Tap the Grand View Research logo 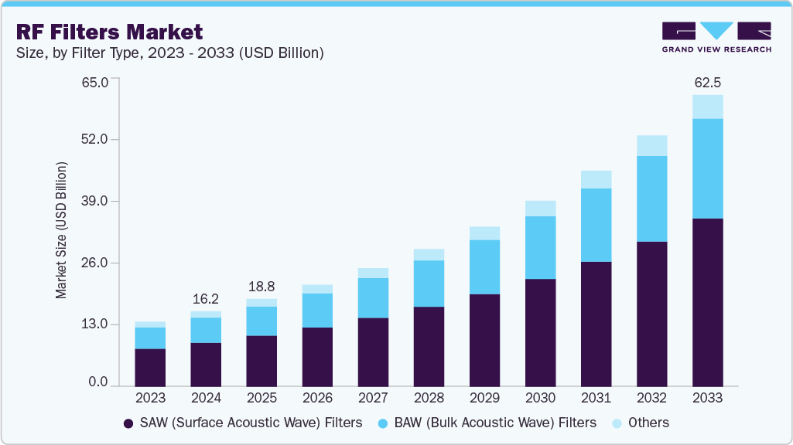(716, 37)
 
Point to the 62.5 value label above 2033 (707, 82)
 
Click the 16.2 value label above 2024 (206, 298)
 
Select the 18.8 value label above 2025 (261, 286)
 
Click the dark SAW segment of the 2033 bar (707, 302)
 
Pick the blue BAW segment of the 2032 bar (651, 199)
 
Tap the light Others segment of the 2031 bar (596, 179)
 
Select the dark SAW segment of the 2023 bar (150, 367)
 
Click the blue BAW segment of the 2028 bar (429, 284)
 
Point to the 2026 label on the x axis (317, 399)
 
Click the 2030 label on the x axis (540, 399)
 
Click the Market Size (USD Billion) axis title (61, 230)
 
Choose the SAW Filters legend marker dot (128, 423)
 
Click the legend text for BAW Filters (496, 423)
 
